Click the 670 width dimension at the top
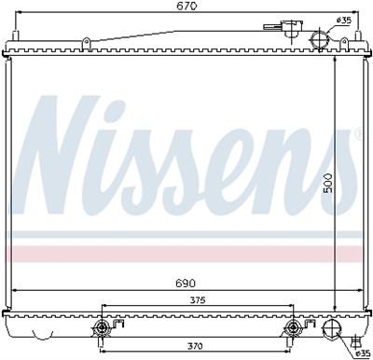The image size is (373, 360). pyautogui.click(x=186, y=8)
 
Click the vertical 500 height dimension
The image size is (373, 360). pyautogui.click(x=326, y=186)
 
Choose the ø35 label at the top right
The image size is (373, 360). pyautogui.click(x=344, y=20)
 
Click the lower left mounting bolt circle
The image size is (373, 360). pyautogui.click(x=103, y=328)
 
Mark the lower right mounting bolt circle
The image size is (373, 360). pyautogui.click(x=294, y=328)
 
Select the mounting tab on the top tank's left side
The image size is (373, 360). pyautogui.click(x=84, y=41)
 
